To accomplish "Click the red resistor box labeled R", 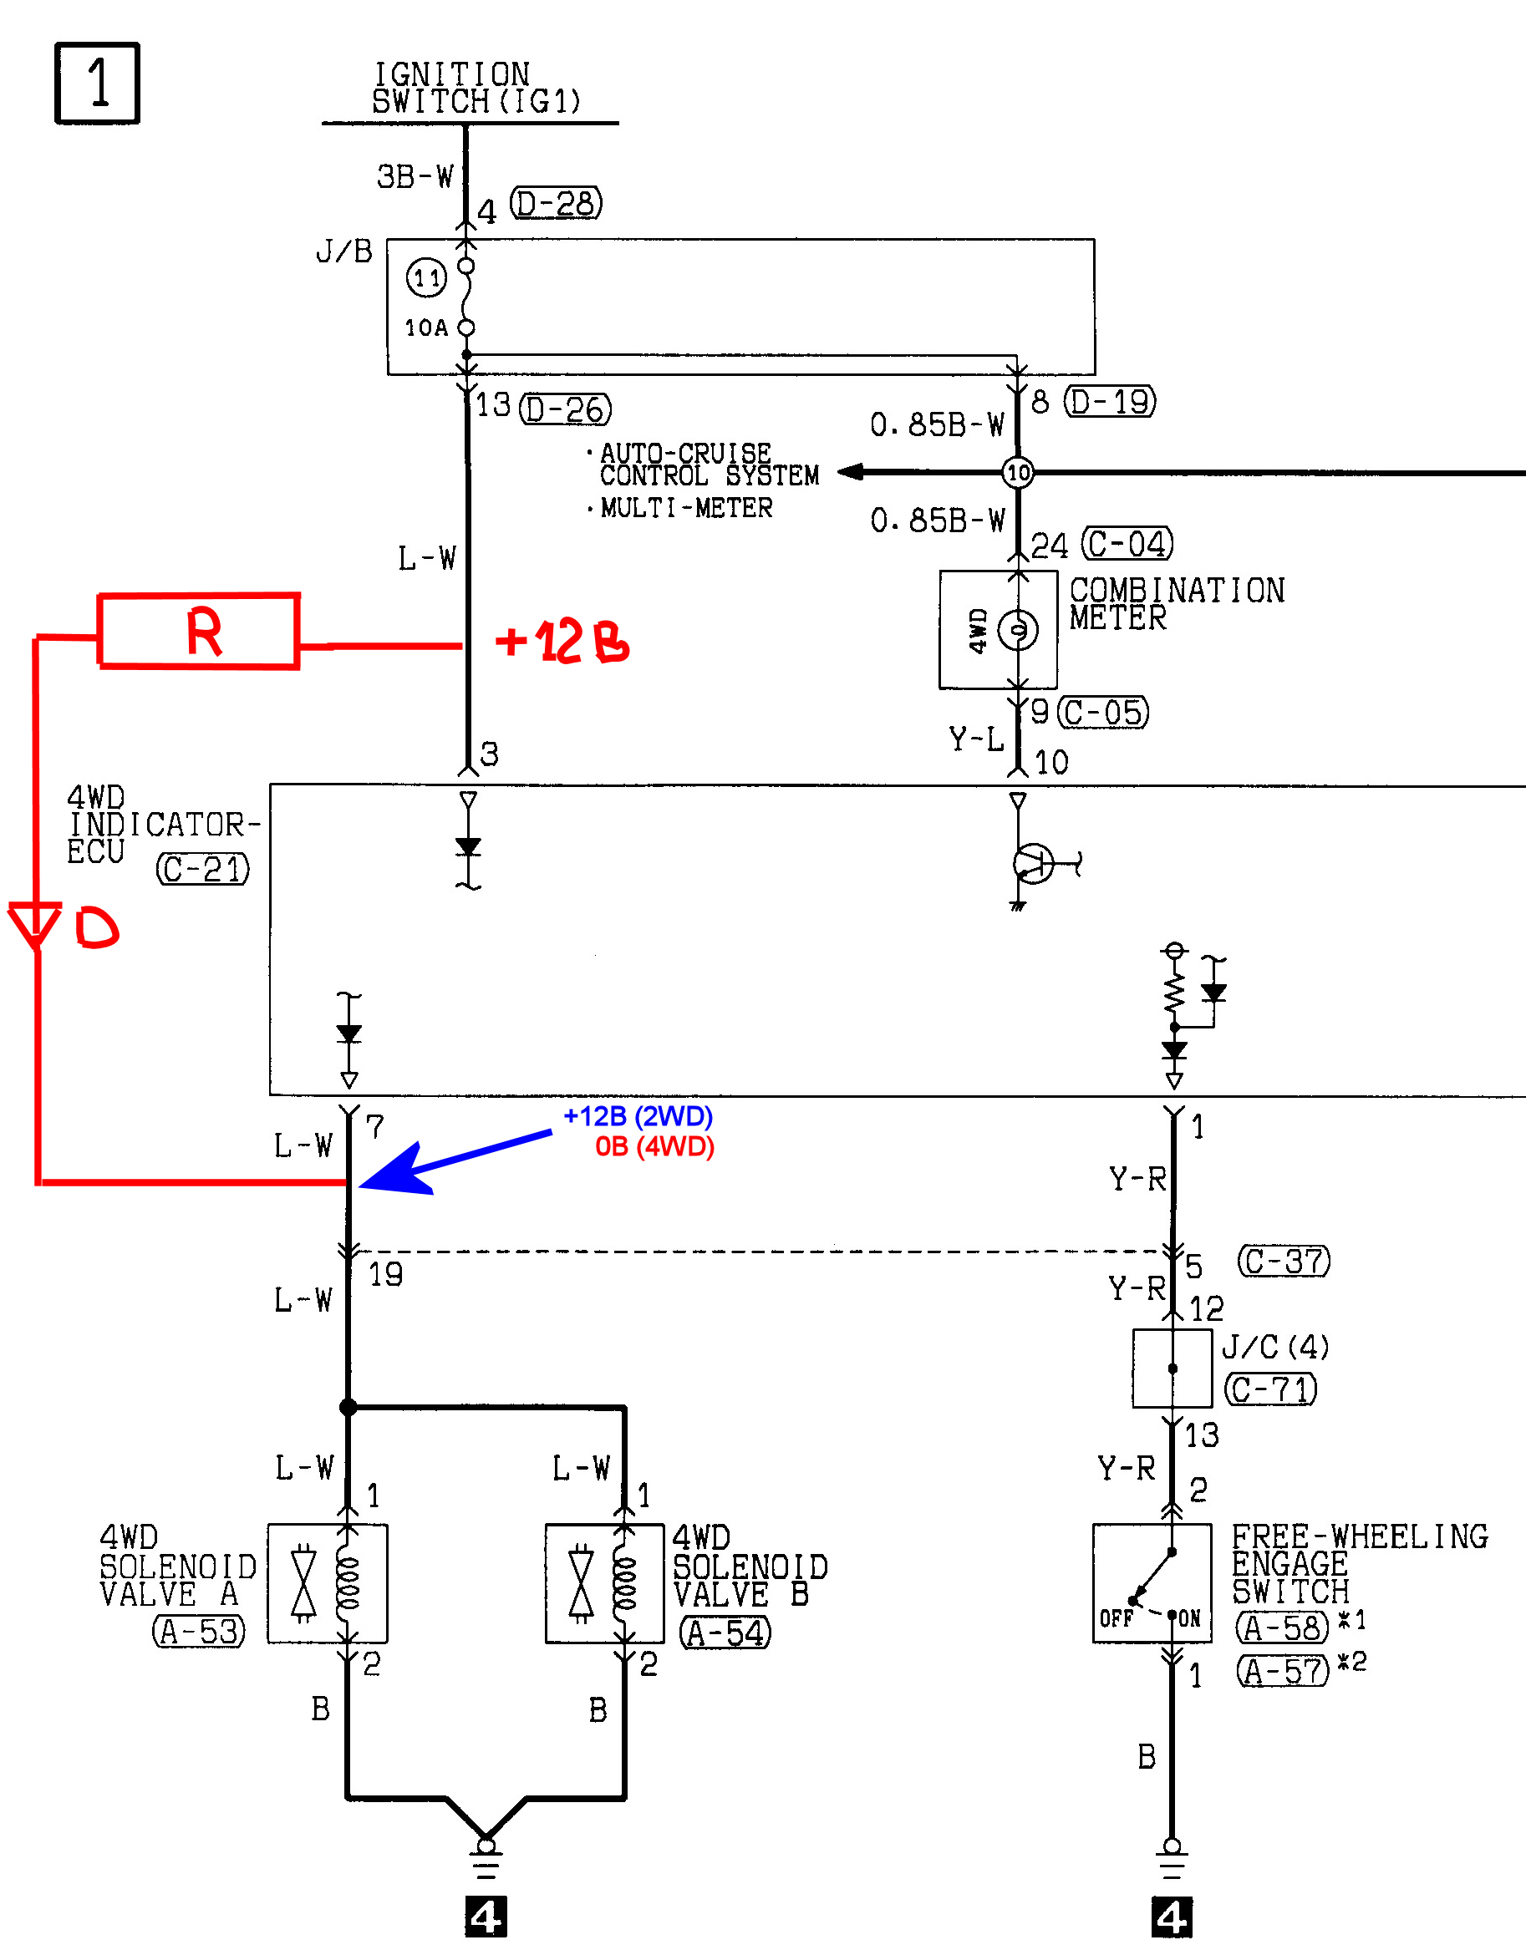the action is pos(198,631).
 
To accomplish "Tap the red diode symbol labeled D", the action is pos(36,926).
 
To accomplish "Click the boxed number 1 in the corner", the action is pos(98,82).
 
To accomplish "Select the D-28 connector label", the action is pos(556,204).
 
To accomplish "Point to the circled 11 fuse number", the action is pos(426,278).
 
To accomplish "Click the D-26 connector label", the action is pos(566,409).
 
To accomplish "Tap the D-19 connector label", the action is pos(1110,401).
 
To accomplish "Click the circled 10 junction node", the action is pos(1019,472).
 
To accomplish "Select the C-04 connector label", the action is pos(1127,543).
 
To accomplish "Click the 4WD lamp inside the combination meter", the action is pos(1018,631).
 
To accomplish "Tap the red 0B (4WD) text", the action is pos(655,1146).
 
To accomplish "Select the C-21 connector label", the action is pos(203,868).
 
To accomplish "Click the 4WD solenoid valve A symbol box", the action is pos(328,1583).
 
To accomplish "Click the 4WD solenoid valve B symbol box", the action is pos(605,1583).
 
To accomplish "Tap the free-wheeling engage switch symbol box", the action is pos(1152,1583).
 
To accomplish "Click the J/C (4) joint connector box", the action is pos(1172,1368).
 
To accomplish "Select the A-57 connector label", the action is pos(1283,1670).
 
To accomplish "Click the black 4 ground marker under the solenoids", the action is pos(486,1917).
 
